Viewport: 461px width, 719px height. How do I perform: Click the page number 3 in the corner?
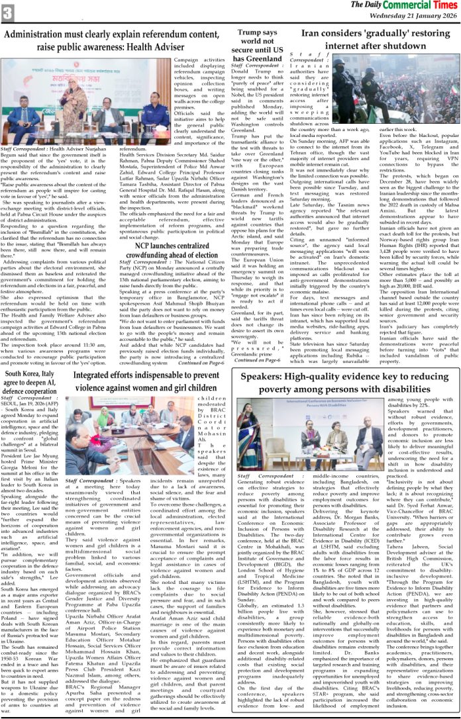(x=8, y=11)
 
